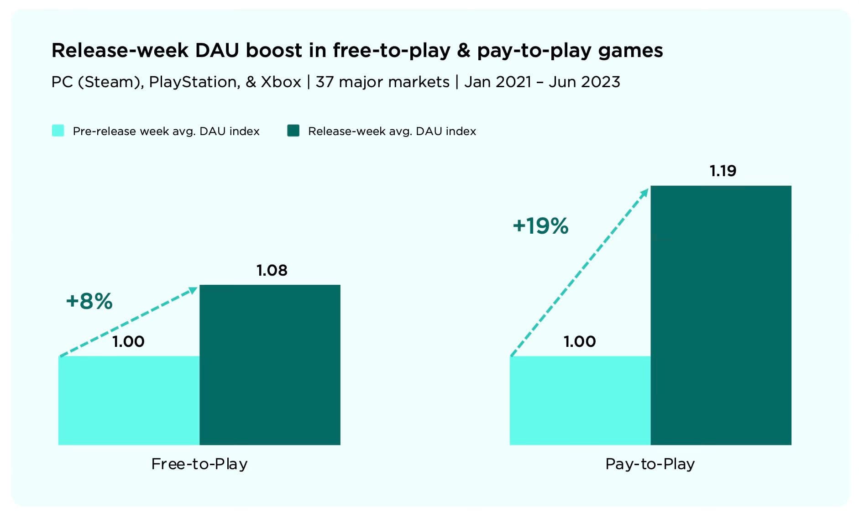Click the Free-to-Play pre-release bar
[129, 400]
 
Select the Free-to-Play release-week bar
[270, 365]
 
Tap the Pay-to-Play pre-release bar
[580, 400]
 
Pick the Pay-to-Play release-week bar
[721, 315]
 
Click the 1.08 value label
[272, 270]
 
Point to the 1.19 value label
[723, 171]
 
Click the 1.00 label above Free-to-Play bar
[128, 341]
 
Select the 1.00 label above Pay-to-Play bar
[580, 341]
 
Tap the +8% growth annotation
[89, 301]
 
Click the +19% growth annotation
[540, 226]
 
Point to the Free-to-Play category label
[199, 464]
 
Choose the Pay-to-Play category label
[650, 464]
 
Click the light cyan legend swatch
[58, 131]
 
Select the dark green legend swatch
[293, 131]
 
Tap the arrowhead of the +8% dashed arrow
[194, 289]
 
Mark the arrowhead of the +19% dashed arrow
[644, 192]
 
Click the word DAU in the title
[217, 50]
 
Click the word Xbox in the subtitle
[281, 82]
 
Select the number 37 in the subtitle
[325, 82]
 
